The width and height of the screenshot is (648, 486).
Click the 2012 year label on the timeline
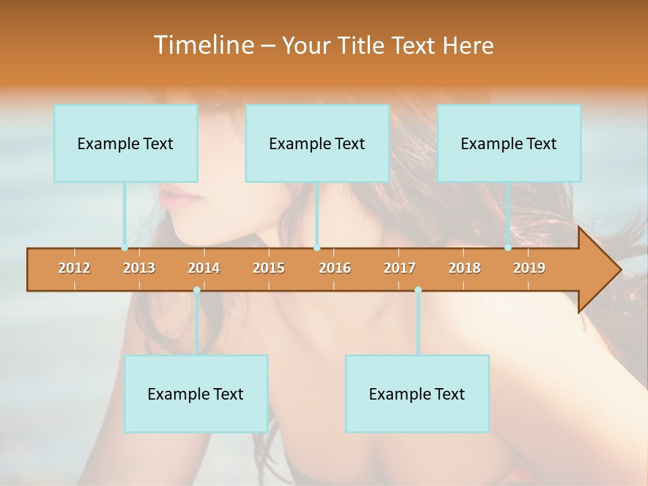[74, 268]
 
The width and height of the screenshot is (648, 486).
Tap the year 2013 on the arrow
[139, 268]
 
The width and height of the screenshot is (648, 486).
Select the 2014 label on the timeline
[204, 268]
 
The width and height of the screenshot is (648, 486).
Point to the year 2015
[269, 268]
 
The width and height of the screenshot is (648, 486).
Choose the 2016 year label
[335, 268]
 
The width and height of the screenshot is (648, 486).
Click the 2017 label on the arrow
[400, 268]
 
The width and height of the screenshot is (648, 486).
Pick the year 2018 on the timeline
[464, 268]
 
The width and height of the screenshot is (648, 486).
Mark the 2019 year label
[529, 268]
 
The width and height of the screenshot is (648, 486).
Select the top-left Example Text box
[126, 143]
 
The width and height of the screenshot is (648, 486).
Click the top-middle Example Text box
[317, 143]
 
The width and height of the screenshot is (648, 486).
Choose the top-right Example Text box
[509, 143]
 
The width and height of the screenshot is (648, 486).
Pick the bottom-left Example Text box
[196, 394]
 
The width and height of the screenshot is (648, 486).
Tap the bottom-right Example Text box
[417, 394]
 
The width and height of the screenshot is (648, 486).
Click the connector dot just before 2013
[125, 248]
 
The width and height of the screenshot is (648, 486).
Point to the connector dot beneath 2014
[196, 290]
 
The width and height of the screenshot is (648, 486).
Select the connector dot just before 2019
[508, 248]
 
